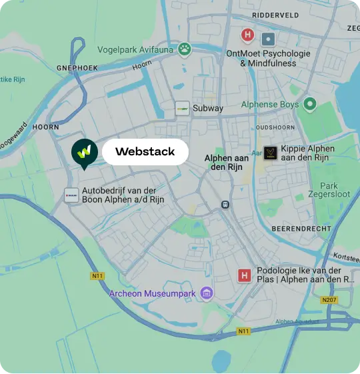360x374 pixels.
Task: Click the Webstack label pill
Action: tap(145, 152)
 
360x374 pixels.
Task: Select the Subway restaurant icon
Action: tap(182, 108)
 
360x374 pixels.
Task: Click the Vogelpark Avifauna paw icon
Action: tap(185, 49)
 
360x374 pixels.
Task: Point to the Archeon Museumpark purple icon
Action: tap(207, 293)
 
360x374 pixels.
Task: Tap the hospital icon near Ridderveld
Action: tap(248, 35)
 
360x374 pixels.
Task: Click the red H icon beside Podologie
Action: tap(245, 275)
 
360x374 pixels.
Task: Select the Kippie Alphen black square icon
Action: tap(270, 153)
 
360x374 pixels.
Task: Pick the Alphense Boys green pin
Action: tap(309, 105)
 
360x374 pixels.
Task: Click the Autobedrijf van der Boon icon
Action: tap(71, 195)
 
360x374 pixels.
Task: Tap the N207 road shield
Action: tap(329, 300)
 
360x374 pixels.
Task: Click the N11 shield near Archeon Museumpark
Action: tap(97, 275)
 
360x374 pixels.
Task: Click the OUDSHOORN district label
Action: tap(275, 127)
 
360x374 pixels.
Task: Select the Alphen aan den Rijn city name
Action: tap(227, 162)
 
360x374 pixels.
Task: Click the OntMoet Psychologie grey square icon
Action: tap(268, 39)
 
